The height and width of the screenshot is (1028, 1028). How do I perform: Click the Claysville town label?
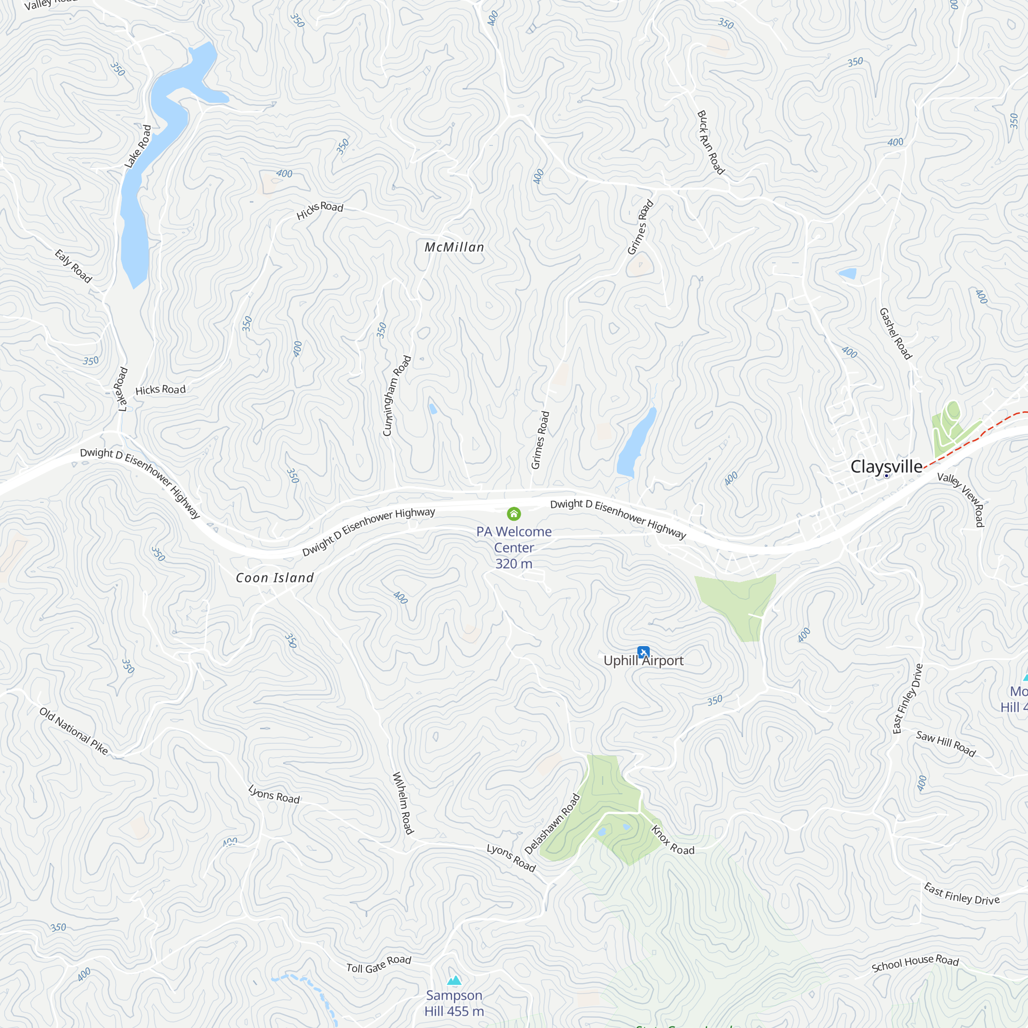pos(886,467)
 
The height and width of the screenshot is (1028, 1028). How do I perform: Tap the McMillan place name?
pos(454,247)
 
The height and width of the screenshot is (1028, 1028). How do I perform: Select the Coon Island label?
pos(274,578)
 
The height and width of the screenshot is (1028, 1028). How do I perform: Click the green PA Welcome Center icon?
pos(513,513)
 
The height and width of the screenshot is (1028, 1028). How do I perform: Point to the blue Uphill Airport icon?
pos(644,652)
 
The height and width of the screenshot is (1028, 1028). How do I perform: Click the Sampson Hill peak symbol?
pos(454,980)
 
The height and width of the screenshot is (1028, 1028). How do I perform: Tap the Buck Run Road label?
pos(711,142)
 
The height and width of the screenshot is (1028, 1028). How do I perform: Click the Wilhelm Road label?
pos(403,803)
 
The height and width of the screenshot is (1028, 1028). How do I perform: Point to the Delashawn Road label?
pos(552,823)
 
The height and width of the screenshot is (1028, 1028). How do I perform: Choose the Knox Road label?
pos(672,840)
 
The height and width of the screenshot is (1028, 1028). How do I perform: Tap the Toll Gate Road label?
pos(379,964)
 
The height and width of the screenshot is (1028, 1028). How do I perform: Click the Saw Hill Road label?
pos(946,743)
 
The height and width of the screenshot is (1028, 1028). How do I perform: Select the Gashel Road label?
pos(895,334)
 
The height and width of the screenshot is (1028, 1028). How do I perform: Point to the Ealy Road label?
pos(74,266)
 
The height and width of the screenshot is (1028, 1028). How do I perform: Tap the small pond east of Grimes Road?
pos(636,443)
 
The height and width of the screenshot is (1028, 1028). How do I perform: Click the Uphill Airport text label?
pos(644,661)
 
